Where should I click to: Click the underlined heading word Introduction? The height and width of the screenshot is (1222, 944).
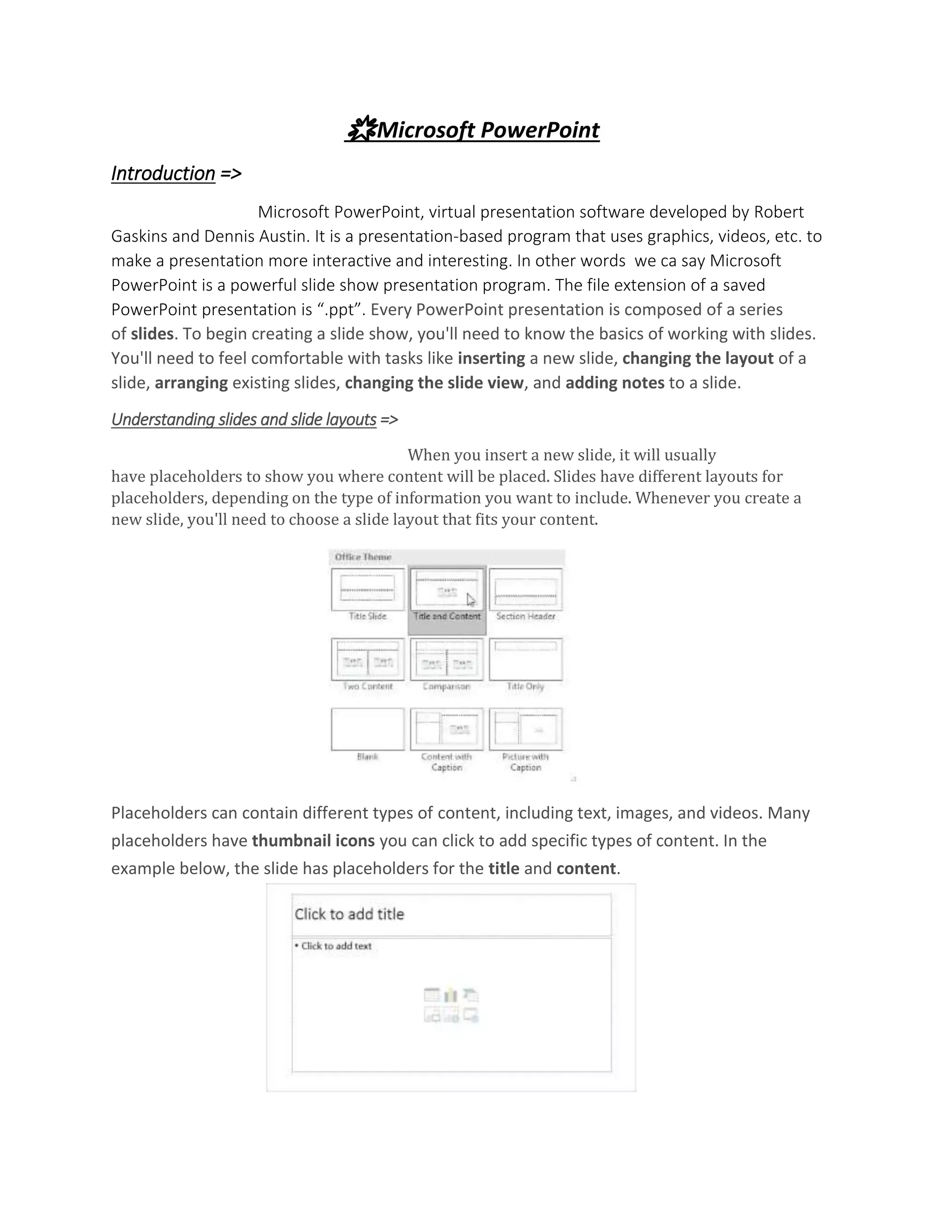pos(163,173)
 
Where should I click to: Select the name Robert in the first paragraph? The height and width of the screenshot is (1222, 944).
pos(779,212)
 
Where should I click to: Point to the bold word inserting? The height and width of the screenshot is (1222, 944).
pos(491,358)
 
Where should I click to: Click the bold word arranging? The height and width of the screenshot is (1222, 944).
pos(191,383)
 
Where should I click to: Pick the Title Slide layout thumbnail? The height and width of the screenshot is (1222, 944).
pos(367,589)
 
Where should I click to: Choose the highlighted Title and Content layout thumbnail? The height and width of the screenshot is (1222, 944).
pos(447,589)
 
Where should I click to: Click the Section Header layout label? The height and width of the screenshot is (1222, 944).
pos(525,617)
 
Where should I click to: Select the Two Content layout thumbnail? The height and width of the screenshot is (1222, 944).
pos(367,659)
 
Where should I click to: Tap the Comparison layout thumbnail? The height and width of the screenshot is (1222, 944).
pos(447,659)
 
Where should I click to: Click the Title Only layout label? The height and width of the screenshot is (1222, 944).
pos(525,687)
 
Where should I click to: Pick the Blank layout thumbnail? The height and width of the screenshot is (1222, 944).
pos(367,729)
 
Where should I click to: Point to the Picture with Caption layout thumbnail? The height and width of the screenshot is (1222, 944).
pos(525,729)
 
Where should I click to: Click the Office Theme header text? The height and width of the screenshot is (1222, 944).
pos(363,557)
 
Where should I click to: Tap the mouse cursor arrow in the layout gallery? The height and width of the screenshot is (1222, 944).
pos(470,600)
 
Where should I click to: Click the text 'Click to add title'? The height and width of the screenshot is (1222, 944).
pos(349,914)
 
